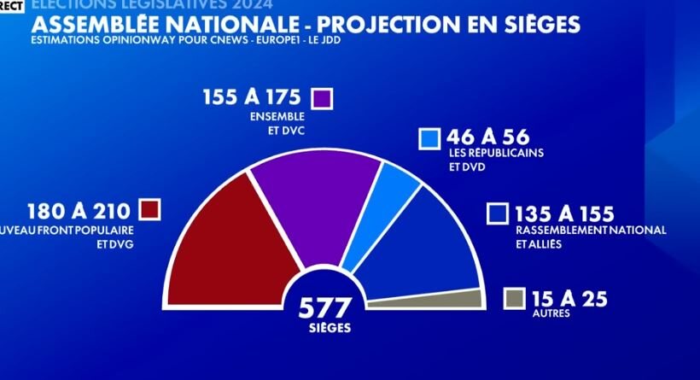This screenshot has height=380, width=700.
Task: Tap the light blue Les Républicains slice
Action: tap(396, 184)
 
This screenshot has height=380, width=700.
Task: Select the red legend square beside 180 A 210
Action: tap(150, 210)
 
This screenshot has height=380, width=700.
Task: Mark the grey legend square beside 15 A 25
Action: tap(514, 298)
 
